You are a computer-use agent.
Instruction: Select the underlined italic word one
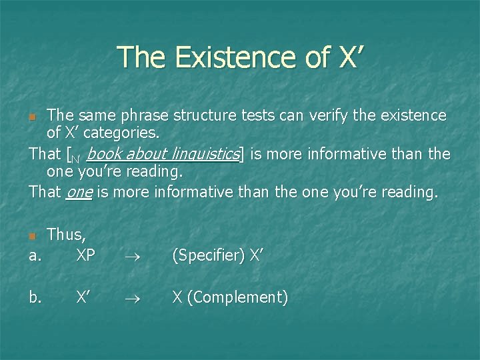pyautogui.click(x=79, y=192)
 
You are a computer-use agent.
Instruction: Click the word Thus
pyautogui.click(x=66, y=235)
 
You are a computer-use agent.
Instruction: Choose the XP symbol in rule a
pyautogui.click(x=85, y=255)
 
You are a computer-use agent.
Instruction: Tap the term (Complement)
pyautogui.click(x=237, y=297)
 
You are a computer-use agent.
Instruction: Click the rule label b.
pyautogui.click(x=36, y=297)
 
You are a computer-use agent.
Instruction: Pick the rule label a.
pyautogui.click(x=35, y=255)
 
